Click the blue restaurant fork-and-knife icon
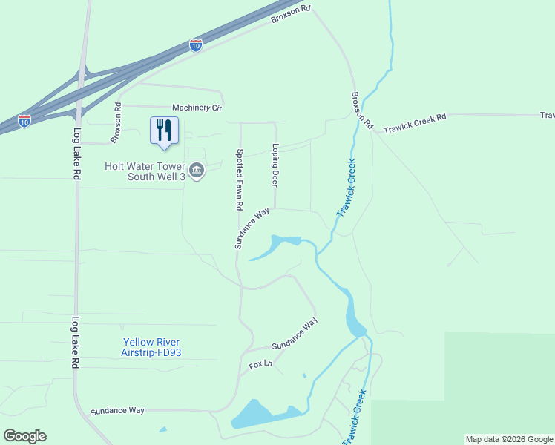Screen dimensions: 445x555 tap(163, 130)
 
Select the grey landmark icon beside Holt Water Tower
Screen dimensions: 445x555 tap(197, 171)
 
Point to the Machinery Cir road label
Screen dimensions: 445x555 tap(197, 108)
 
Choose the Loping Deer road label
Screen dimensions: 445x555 tap(275, 165)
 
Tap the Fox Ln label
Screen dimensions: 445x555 tap(261, 365)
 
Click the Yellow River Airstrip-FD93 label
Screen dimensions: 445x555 tap(151, 347)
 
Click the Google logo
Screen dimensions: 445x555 tap(24, 436)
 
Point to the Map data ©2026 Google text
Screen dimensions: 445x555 tap(509, 439)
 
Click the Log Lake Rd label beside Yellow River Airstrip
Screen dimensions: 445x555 tap(76, 343)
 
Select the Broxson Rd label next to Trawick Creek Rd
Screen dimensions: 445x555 tap(361, 108)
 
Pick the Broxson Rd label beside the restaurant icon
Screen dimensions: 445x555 tap(116, 123)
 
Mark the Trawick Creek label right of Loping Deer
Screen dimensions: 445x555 tap(346, 188)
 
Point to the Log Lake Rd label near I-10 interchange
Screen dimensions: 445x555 tap(76, 154)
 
